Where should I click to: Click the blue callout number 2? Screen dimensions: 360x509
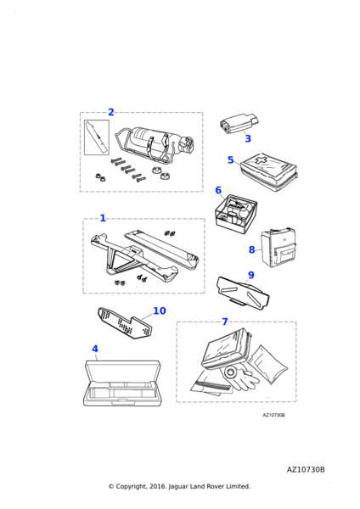coord(110,112)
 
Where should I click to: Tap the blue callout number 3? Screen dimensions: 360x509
coord(248,138)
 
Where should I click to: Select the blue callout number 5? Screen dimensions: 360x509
coord(231,160)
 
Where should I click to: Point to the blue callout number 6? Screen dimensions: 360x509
coord(218,190)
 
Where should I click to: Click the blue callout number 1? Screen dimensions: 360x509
coord(103,218)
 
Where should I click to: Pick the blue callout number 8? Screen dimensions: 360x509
coord(252,249)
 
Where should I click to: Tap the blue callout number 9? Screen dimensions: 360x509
coord(251,275)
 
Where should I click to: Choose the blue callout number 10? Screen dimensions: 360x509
coord(160,310)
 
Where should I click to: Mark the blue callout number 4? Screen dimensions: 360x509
coord(95,349)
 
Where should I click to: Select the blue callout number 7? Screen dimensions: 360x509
coord(225,322)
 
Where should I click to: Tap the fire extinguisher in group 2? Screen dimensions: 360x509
coord(155,144)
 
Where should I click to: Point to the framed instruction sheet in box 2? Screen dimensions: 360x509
coord(97,137)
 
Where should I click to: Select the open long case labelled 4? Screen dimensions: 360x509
coord(122,383)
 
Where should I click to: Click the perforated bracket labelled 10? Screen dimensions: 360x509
coord(125,324)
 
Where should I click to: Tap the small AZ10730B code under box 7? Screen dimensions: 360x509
coord(274,415)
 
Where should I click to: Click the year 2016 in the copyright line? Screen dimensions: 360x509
coord(158,486)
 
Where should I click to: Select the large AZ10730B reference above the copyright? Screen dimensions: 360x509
coord(306,470)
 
